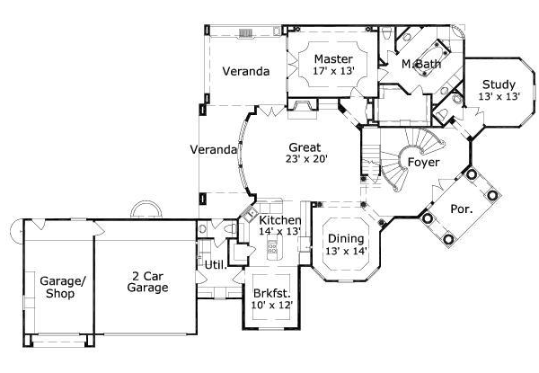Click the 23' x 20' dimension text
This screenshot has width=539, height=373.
305,159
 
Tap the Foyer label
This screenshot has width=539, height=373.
423,163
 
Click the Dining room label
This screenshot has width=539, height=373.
345,238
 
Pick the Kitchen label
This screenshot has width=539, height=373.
279,220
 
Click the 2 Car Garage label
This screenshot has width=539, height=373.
144,281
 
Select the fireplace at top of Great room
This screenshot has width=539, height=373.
303,109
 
